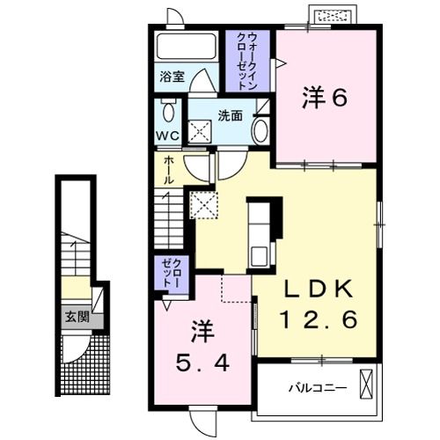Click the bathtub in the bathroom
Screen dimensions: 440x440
(x=187, y=47)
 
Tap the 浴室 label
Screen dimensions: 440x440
(x=172, y=77)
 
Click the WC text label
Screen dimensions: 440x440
(x=167, y=136)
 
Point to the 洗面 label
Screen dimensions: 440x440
(x=230, y=116)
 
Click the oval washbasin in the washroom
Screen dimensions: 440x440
(x=260, y=132)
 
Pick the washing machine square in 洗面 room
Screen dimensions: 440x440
(x=200, y=131)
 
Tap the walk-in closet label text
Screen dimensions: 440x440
(x=248, y=62)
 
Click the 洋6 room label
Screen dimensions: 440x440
(x=325, y=97)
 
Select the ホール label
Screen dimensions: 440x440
(x=168, y=170)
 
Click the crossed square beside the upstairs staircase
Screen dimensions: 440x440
(x=204, y=205)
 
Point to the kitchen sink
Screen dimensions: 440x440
(x=258, y=256)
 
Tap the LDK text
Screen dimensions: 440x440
(x=319, y=290)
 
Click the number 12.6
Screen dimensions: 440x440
(x=319, y=319)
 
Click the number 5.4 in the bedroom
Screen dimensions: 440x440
(x=202, y=364)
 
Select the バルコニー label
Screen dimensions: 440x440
(x=318, y=389)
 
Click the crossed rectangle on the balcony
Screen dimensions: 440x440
(x=366, y=384)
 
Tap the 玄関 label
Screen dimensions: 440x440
(x=77, y=317)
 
